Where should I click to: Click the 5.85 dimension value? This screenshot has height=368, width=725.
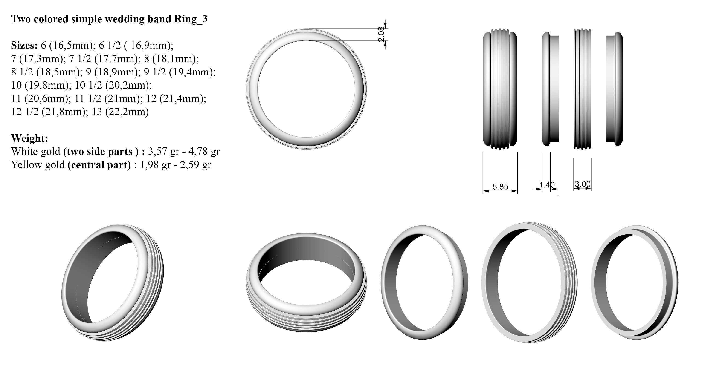click(500, 187)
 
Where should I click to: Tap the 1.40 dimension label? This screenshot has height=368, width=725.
click(547, 185)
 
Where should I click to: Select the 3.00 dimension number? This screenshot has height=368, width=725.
click(582, 184)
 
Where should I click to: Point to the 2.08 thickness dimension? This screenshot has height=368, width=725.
click(381, 34)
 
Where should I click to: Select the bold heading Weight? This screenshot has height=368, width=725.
click(29, 138)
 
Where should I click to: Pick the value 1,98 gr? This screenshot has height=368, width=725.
click(155, 165)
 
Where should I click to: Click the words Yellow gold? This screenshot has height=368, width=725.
click(38, 165)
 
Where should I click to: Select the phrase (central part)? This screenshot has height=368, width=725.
click(99, 165)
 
